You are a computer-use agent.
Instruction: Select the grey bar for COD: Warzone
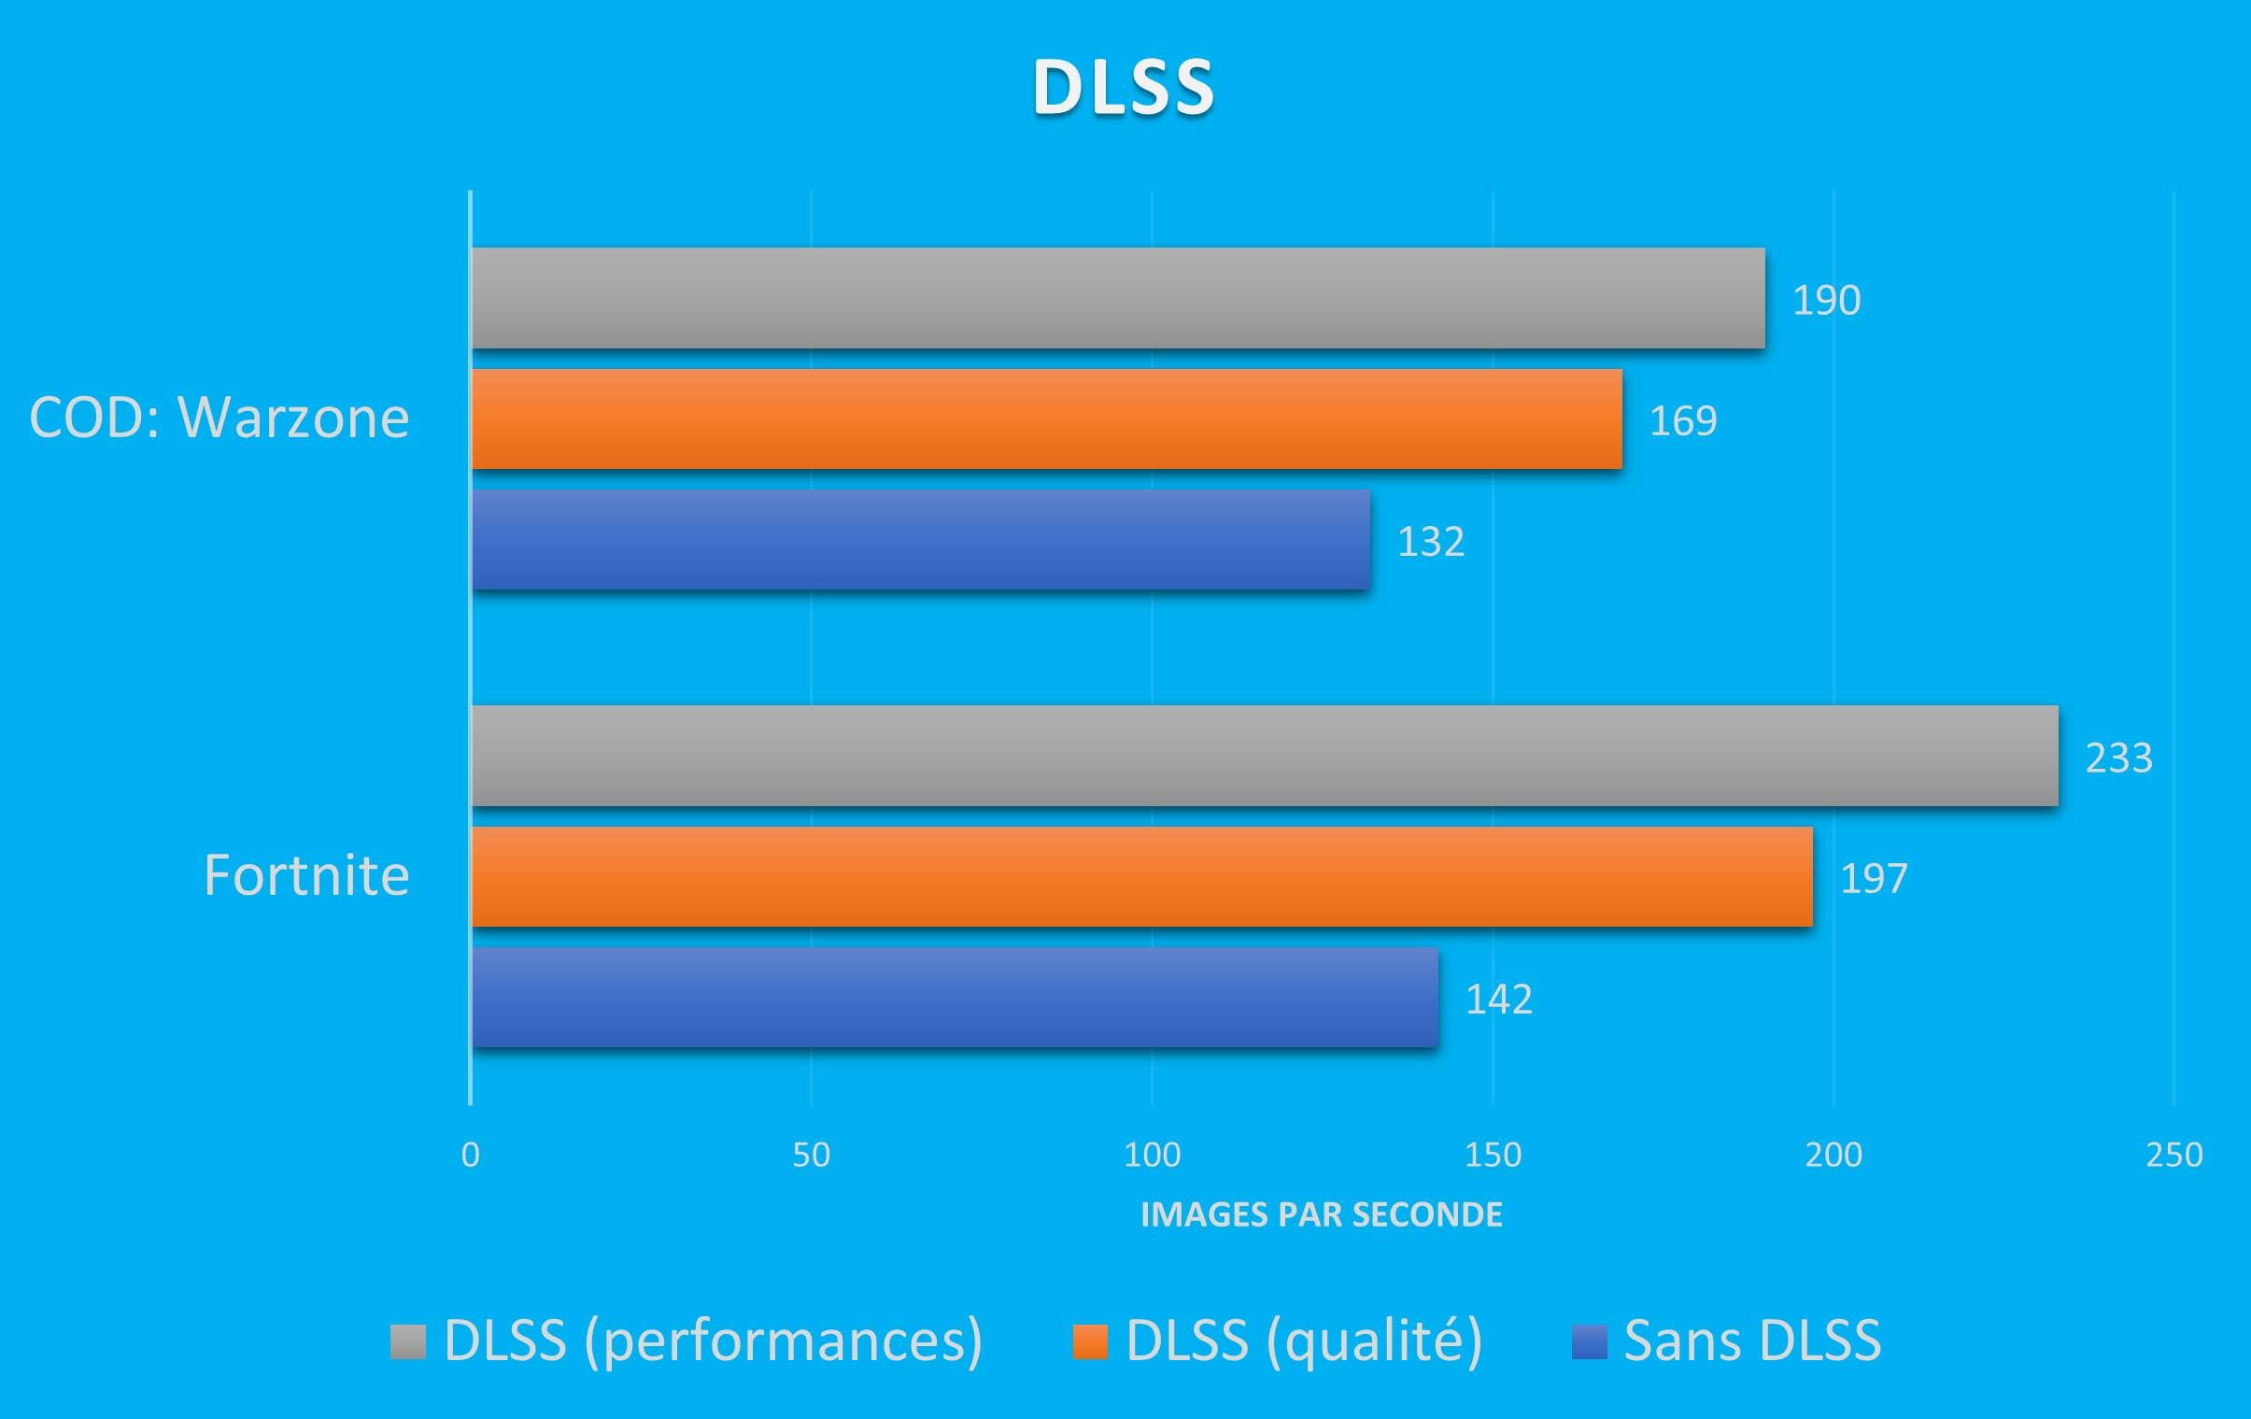tap(1118, 298)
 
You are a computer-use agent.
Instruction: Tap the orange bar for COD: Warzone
tap(1047, 419)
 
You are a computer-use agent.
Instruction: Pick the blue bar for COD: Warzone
tap(921, 539)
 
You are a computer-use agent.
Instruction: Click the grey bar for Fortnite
tap(1265, 756)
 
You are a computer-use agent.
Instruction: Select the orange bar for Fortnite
tap(1141, 876)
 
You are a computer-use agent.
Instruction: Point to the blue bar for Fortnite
tap(955, 998)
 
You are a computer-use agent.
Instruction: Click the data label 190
tap(1826, 300)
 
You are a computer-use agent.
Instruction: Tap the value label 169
tap(1682, 420)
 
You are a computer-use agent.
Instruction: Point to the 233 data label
tap(2118, 758)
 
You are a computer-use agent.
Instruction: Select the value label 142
tap(1498, 1000)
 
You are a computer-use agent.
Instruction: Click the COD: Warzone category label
tap(219, 417)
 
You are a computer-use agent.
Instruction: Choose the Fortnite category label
tap(306, 876)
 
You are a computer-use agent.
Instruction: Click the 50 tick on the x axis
tap(811, 1156)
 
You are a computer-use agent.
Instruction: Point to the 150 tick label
tap(1493, 1156)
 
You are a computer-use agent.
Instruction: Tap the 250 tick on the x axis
tap(2174, 1156)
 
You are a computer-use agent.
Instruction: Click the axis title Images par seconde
tap(1321, 1214)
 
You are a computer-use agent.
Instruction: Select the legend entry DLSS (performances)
tap(713, 1341)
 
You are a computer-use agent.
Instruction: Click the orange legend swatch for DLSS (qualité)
tap(1090, 1341)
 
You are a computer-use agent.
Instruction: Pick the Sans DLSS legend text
tap(1752, 1341)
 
